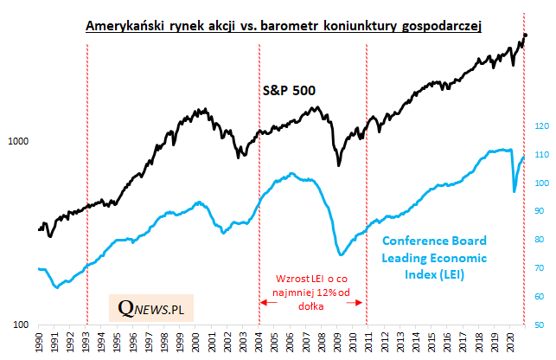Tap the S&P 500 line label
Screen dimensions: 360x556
coord(289,89)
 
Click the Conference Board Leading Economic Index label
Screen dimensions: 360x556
coord(434,258)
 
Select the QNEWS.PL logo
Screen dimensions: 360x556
coord(156,305)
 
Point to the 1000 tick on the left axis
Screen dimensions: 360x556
coord(19,142)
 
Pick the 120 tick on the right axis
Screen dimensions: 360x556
coord(541,126)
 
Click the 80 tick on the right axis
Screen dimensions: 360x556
coord(540,240)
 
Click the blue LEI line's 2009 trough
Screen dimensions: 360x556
coord(342,254)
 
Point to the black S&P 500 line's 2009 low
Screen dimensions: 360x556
coord(339,165)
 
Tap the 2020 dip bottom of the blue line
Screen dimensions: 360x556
coord(514,191)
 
